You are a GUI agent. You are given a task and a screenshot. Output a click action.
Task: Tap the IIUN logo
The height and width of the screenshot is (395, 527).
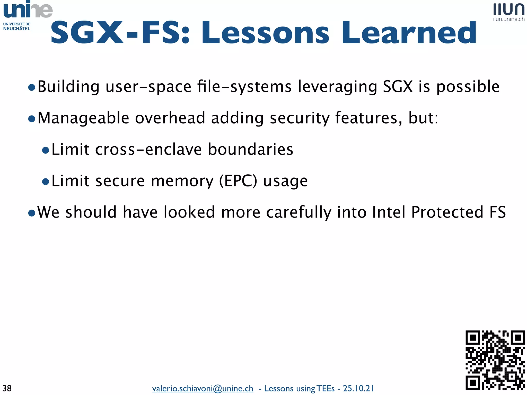pos(509,10)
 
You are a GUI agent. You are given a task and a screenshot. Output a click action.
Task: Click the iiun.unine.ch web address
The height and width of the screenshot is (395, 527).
pos(509,19)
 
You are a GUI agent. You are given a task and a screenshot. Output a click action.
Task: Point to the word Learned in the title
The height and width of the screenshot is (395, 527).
pos(409,33)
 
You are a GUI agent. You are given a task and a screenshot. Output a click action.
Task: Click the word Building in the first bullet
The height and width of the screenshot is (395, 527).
pos(68,87)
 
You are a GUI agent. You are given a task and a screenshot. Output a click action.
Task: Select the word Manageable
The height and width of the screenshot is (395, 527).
pos(83,118)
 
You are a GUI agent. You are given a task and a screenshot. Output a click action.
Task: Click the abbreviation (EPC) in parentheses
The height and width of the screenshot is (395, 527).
pos(238,181)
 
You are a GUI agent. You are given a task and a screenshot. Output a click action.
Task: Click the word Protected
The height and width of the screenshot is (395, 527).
pos(447,212)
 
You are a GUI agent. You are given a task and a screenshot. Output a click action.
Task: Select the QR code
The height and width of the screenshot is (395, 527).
pos(495,360)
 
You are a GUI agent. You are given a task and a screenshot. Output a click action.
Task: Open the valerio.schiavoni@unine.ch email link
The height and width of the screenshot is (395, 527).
pos(203,388)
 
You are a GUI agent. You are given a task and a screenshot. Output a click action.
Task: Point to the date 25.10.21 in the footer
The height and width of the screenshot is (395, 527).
pos(358,388)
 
